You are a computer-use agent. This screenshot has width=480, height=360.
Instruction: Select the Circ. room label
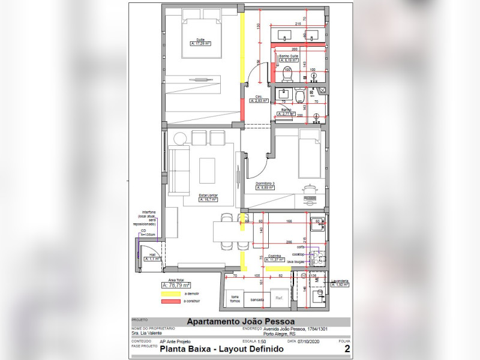pos(259,97)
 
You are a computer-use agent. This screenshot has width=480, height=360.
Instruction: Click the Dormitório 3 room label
pos(265,183)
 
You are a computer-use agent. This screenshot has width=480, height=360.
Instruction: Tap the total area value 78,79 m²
pos(175,285)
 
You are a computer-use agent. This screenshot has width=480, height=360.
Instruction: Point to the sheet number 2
pos(346,348)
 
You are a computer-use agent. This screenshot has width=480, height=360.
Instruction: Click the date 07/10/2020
pos(309,341)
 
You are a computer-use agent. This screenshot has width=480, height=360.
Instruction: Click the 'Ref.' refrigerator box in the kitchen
pos(280,298)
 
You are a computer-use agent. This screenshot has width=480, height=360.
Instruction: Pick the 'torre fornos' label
pos(235,298)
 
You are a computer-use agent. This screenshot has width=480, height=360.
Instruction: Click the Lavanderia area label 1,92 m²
pos(338,284)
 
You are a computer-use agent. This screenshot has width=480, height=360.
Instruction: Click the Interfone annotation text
pos(149,211)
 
